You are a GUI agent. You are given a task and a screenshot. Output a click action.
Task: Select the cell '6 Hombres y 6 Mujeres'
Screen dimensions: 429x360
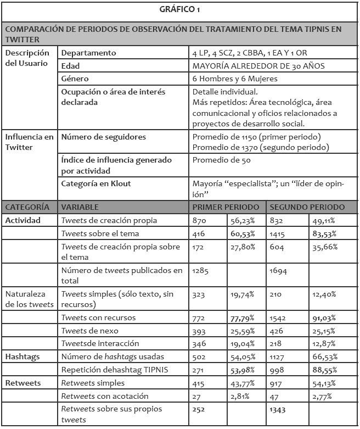coord(235,79)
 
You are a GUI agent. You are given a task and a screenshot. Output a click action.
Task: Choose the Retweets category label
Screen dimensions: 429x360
coord(21,383)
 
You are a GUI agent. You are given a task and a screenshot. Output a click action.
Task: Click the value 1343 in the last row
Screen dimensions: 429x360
coord(278,409)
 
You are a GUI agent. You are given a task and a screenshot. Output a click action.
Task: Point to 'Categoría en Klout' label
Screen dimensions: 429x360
coord(97,183)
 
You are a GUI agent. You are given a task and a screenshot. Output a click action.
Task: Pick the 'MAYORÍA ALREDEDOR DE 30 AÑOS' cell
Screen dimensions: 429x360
coord(258,66)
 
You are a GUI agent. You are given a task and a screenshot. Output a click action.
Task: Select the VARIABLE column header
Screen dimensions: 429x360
coord(80,207)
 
